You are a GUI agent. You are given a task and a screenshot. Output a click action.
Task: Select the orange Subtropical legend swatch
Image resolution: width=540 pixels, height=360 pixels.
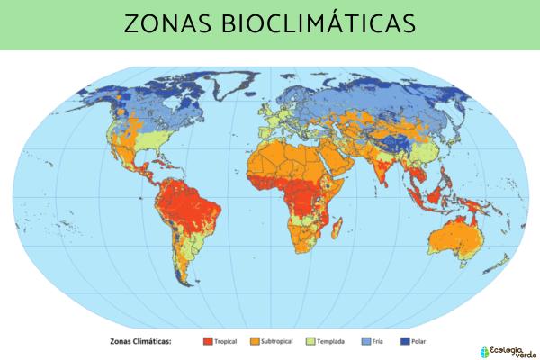[x=256, y=341]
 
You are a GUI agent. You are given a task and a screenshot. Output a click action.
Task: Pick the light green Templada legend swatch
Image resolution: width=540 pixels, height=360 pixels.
[x=312, y=341]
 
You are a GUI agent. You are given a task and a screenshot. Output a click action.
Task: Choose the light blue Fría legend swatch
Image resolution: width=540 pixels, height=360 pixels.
[x=365, y=341]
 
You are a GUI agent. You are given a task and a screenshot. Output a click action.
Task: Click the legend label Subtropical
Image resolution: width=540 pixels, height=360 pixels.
[x=281, y=341]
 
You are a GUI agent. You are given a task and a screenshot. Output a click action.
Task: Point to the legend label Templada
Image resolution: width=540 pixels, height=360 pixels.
[x=336, y=341]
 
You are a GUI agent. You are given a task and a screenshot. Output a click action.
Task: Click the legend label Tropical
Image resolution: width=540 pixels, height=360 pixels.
[x=227, y=341]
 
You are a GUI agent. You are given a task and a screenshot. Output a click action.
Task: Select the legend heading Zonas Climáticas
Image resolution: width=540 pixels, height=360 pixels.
[x=139, y=341]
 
